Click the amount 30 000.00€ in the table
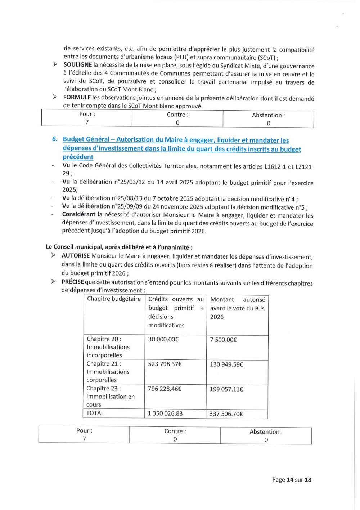click(x=163, y=339)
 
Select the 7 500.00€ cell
click(x=223, y=340)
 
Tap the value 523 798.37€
click(x=165, y=364)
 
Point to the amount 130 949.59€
click(x=226, y=364)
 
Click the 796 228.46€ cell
click(x=165, y=389)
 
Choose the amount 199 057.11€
click(x=226, y=389)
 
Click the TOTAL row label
click(x=95, y=413)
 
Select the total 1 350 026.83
click(x=165, y=413)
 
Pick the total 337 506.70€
click(x=226, y=414)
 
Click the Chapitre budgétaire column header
click(x=114, y=299)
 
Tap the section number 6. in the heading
click(x=55, y=139)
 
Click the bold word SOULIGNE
click(x=77, y=65)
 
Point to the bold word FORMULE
click(x=77, y=97)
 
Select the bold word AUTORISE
click(x=76, y=256)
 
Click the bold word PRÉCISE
click(x=72, y=282)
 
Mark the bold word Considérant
click(x=78, y=214)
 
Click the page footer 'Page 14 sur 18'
click(x=292, y=480)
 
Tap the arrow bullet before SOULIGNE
click(x=55, y=64)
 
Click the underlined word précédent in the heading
click(x=78, y=157)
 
